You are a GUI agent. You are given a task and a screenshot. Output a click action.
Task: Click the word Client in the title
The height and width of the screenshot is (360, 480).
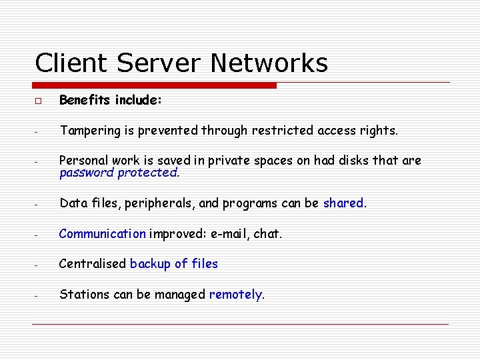click(71, 63)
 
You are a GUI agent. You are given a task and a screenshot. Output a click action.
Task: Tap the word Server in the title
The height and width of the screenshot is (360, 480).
click(158, 63)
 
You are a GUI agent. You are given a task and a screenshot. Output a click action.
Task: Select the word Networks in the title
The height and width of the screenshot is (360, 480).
click(269, 63)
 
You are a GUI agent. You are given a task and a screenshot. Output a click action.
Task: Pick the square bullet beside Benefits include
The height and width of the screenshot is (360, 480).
click(38, 101)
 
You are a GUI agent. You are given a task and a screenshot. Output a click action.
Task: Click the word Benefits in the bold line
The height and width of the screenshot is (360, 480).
click(85, 100)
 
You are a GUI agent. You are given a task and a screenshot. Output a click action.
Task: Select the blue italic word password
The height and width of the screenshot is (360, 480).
click(87, 173)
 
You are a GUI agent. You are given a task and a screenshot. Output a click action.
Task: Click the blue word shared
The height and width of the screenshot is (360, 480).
click(343, 203)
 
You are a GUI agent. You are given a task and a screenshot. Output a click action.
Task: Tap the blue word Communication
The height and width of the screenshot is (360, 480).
click(103, 233)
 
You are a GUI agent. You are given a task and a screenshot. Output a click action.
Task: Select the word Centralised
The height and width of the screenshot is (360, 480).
click(93, 263)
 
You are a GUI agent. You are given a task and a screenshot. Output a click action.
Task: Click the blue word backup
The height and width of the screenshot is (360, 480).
click(150, 263)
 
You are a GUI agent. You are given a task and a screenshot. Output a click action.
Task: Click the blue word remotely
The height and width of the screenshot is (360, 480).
click(236, 294)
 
